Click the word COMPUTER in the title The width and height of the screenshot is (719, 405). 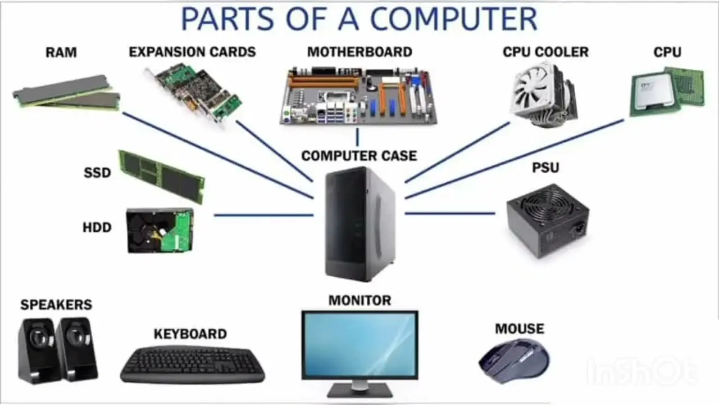pyautogui.click(x=453, y=19)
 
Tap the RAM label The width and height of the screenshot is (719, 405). pyautogui.click(x=61, y=52)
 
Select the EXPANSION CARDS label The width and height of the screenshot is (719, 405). pyautogui.click(x=192, y=52)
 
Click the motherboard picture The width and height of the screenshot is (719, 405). pyautogui.click(x=358, y=96)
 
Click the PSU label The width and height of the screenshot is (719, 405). pyautogui.click(x=545, y=168)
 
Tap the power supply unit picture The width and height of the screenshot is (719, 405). pyautogui.click(x=548, y=221)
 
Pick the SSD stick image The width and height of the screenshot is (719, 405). pyautogui.click(x=161, y=177)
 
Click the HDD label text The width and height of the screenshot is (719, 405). pyautogui.click(x=97, y=228)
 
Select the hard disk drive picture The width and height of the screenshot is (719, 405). pyautogui.click(x=160, y=230)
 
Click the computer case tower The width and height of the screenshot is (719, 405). pyautogui.click(x=359, y=224)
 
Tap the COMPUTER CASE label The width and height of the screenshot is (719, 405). pyautogui.click(x=359, y=156)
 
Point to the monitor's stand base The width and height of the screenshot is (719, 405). pyautogui.click(x=360, y=391)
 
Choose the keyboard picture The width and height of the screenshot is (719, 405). pyautogui.click(x=193, y=364)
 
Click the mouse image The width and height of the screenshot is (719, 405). pyautogui.click(x=514, y=361)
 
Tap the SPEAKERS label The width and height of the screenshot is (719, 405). pyautogui.click(x=56, y=305)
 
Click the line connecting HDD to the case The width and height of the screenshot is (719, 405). pyautogui.click(x=263, y=215)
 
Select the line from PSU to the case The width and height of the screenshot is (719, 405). pyautogui.click(x=450, y=213)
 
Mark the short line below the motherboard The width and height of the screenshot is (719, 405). pyautogui.click(x=357, y=137)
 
